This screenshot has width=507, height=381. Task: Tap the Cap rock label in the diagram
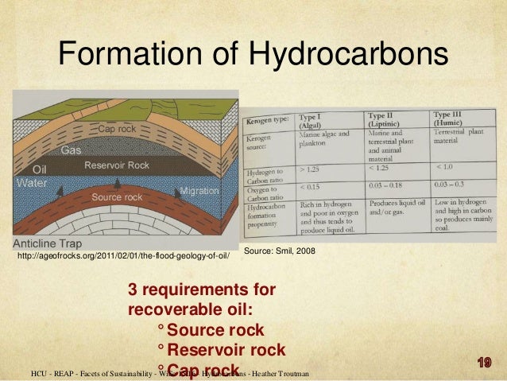(x=117, y=129)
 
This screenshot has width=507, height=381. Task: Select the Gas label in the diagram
(x=72, y=150)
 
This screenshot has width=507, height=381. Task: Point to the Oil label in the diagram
(x=39, y=169)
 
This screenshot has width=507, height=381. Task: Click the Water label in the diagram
(x=32, y=182)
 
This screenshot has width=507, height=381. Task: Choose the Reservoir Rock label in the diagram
(x=117, y=165)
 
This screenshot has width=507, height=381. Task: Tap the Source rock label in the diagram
(x=117, y=196)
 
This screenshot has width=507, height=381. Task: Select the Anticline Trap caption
(x=52, y=242)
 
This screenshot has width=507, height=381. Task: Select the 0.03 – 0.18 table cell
(x=388, y=185)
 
